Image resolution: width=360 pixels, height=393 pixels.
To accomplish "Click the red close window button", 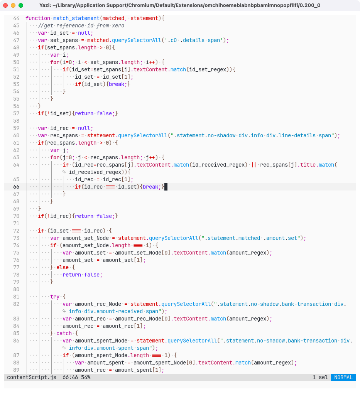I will point(6,5).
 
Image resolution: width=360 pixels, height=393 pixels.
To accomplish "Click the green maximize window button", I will point(21,5).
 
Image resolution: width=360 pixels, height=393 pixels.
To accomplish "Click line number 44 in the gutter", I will point(16,18).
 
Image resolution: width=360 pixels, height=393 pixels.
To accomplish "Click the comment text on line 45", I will point(81,25).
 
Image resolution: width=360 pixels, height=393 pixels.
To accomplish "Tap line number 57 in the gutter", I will point(16,113).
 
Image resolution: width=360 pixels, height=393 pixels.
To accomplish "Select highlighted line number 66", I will point(16,187).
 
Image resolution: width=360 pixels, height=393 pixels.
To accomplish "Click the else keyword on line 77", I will point(63,267).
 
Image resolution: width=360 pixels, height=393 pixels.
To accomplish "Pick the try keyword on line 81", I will point(55,297).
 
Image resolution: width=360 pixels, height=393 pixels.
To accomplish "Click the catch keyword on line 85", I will point(64,333).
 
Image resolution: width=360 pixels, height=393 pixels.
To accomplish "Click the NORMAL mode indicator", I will point(343,377).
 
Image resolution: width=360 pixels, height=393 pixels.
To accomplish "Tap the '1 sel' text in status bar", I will point(320,377).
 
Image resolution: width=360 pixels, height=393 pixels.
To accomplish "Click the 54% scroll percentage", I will point(86,377).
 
